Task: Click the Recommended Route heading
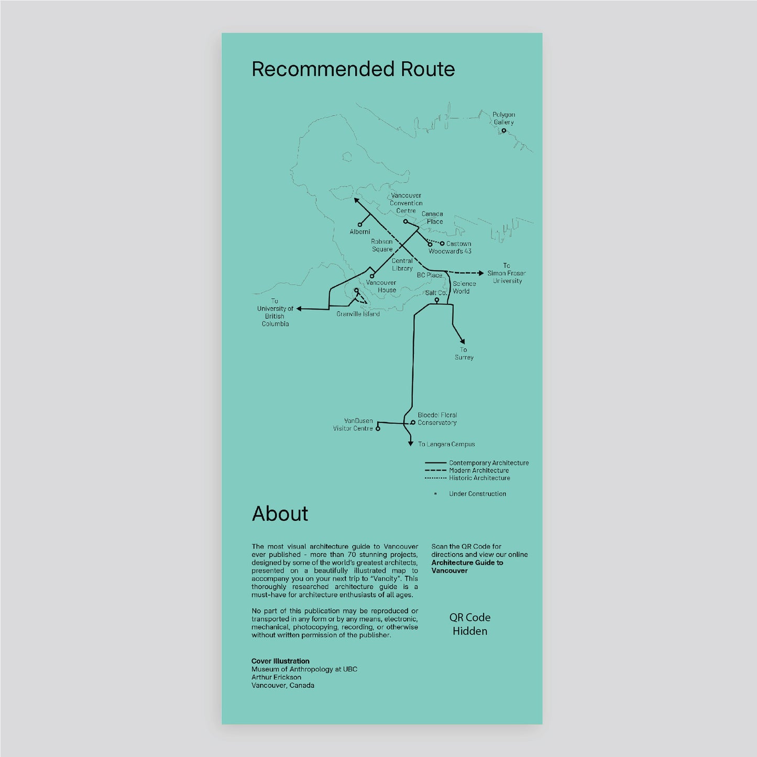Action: point(353,69)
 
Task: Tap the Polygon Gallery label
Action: point(503,118)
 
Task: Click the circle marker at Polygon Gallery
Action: point(503,130)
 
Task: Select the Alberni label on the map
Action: point(360,232)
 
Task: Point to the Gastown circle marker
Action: point(442,244)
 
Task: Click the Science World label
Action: point(464,288)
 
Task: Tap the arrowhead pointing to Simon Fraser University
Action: point(481,273)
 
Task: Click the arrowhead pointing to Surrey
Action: point(463,341)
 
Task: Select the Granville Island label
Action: point(358,314)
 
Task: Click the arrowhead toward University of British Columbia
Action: point(299,309)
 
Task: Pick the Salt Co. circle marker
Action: point(436,300)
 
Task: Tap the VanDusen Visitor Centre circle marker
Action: point(378,429)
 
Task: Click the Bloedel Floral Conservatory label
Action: point(437,419)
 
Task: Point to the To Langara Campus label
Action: point(446,444)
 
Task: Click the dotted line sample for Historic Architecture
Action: point(436,478)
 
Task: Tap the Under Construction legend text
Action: point(477,494)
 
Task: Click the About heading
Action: point(280,514)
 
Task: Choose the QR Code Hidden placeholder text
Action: point(470,624)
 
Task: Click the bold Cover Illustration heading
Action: point(280,661)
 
